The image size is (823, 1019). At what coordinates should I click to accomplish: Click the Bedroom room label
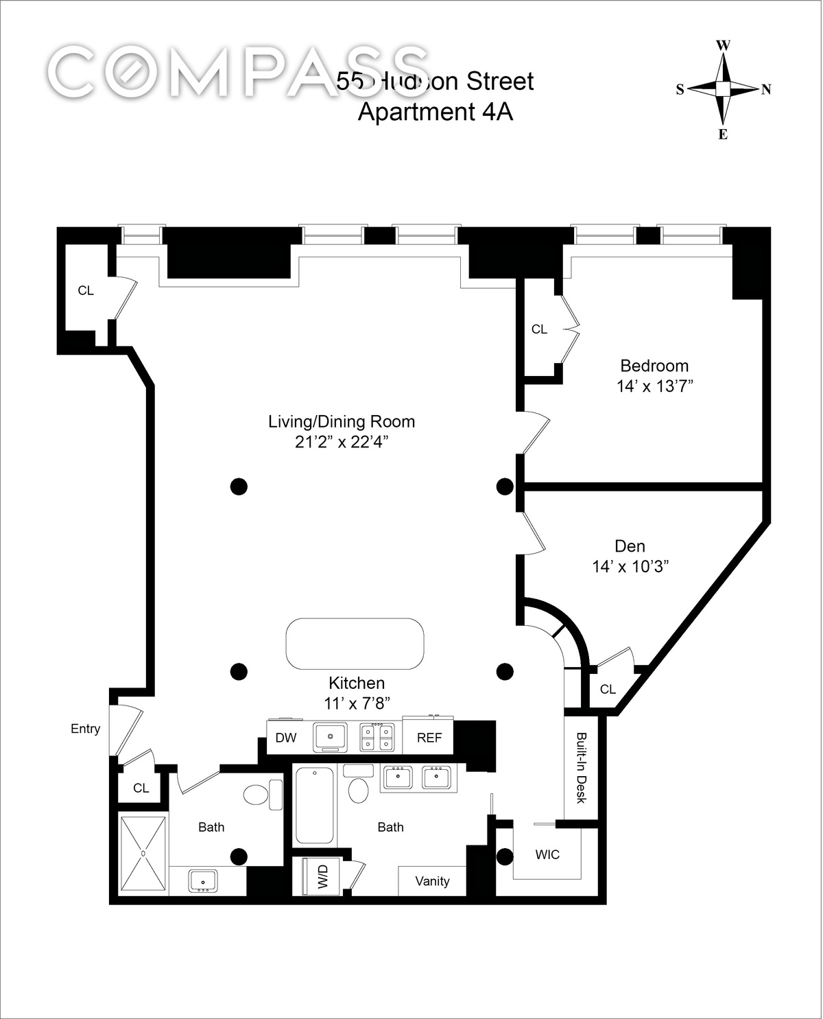point(654,366)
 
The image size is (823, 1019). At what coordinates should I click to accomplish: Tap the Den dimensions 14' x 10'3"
point(630,567)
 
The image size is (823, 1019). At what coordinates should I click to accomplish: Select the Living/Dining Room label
point(341,421)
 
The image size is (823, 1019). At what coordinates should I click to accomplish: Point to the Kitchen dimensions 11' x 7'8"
point(356,703)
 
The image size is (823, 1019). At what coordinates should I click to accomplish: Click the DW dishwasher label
point(285,738)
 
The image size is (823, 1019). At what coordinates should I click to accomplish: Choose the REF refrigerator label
point(429,738)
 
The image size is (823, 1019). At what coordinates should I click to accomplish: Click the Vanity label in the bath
point(432,881)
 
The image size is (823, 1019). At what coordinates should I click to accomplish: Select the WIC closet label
point(547,854)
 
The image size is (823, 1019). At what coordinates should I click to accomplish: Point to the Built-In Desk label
point(581,768)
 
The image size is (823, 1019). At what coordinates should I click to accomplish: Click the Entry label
point(85,729)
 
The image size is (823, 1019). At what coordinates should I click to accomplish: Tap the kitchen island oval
point(355,644)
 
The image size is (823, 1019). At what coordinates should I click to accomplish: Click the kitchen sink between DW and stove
point(331,737)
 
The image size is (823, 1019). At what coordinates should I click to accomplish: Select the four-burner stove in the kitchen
point(377,737)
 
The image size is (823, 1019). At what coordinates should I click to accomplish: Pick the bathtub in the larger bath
point(315,806)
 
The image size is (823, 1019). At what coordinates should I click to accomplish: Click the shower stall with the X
point(143,853)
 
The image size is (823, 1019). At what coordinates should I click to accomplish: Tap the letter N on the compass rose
point(766,89)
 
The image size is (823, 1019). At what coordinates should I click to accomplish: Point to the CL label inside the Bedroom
point(539,329)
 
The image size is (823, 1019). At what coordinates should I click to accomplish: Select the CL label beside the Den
point(608,689)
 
